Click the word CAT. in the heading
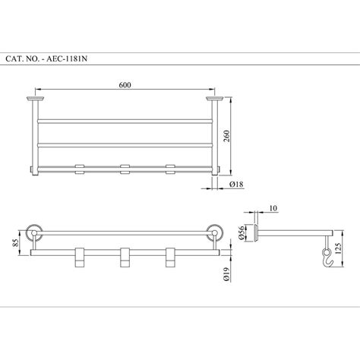(x=16, y=58)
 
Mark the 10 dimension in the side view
(x=272, y=207)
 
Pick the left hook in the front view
(x=77, y=257)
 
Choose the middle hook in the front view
(x=122, y=257)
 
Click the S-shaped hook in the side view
(x=325, y=259)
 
